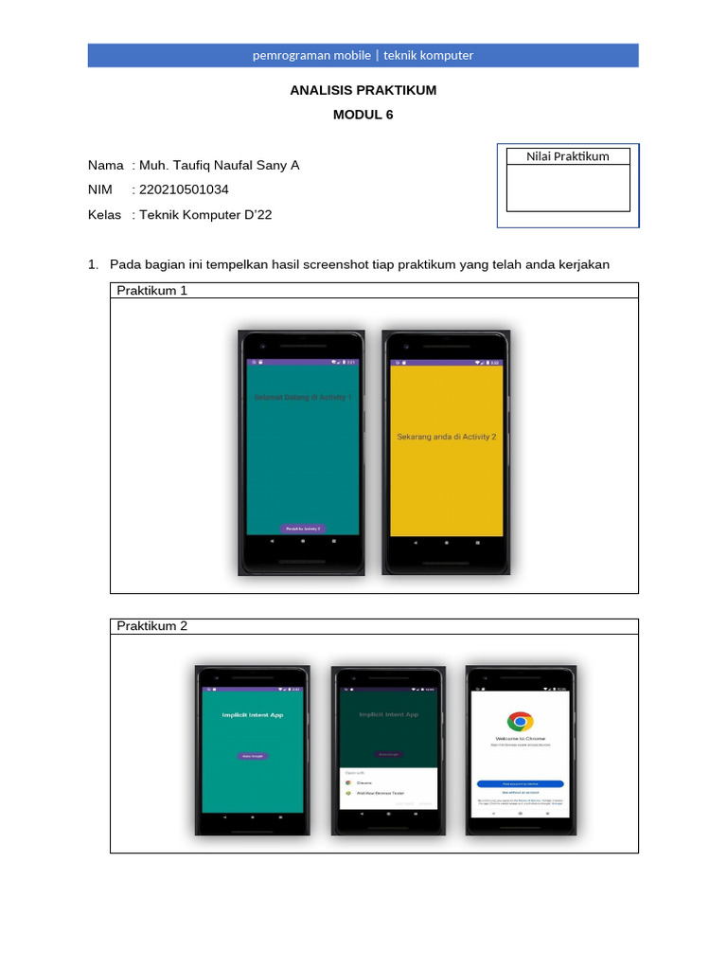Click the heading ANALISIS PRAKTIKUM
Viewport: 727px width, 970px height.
tap(363, 90)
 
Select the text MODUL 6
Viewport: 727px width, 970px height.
tap(363, 115)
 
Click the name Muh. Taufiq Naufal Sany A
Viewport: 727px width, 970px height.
tap(219, 165)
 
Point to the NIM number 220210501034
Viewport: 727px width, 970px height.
tap(184, 189)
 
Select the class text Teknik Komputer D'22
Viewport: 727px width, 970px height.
tap(205, 215)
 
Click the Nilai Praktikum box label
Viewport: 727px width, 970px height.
tap(568, 156)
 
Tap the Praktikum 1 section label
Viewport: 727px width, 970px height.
tap(152, 291)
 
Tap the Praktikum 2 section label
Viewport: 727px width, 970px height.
tap(152, 626)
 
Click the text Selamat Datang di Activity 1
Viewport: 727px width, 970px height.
tap(303, 398)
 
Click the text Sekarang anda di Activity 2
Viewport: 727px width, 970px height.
tap(447, 437)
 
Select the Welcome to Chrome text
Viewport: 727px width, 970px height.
tap(520, 738)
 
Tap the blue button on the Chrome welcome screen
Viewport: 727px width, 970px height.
tap(520, 784)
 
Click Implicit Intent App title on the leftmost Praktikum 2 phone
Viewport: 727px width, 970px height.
tap(253, 716)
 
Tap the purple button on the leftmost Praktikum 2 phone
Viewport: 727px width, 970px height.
tap(252, 756)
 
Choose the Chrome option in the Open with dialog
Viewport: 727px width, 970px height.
tap(365, 784)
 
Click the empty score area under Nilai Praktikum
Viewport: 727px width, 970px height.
tap(568, 188)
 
